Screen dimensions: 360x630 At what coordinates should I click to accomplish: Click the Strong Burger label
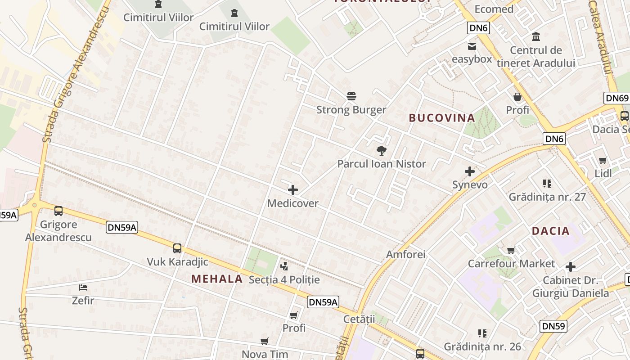pyautogui.click(x=351, y=110)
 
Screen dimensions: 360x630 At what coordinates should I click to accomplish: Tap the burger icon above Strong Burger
pyautogui.click(x=351, y=96)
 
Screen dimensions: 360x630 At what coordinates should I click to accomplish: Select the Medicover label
pyautogui.click(x=292, y=203)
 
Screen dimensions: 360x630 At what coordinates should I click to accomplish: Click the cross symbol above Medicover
pyautogui.click(x=293, y=190)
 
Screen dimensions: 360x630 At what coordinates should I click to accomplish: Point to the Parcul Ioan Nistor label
pyautogui.click(x=382, y=164)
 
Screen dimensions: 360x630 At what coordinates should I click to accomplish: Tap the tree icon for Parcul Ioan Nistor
pyautogui.click(x=382, y=150)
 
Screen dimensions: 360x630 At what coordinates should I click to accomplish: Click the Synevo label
pyautogui.click(x=470, y=184)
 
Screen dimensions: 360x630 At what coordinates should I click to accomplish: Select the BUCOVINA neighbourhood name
pyautogui.click(x=441, y=118)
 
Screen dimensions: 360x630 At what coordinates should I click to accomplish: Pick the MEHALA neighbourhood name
pyautogui.click(x=217, y=279)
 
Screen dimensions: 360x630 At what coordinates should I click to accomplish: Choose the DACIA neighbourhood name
pyautogui.click(x=550, y=231)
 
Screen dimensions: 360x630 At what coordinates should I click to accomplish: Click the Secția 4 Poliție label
pyautogui.click(x=284, y=280)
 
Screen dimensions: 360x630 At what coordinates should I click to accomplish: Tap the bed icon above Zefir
pyautogui.click(x=83, y=287)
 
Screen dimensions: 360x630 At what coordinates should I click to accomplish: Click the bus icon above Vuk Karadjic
pyautogui.click(x=177, y=248)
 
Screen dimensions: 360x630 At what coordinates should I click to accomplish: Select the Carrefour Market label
pyautogui.click(x=512, y=264)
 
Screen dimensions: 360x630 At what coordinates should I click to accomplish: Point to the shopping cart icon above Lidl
pyautogui.click(x=603, y=161)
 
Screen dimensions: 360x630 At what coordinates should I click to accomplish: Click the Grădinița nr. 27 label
pyautogui.click(x=547, y=197)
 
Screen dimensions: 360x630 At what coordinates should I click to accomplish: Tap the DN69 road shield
pyautogui.click(x=616, y=98)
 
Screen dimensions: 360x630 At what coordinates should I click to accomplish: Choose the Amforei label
pyautogui.click(x=405, y=255)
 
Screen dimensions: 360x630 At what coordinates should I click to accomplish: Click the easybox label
pyautogui.click(x=472, y=59)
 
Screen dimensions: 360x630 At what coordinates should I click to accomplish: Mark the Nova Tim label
pyautogui.click(x=265, y=354)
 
